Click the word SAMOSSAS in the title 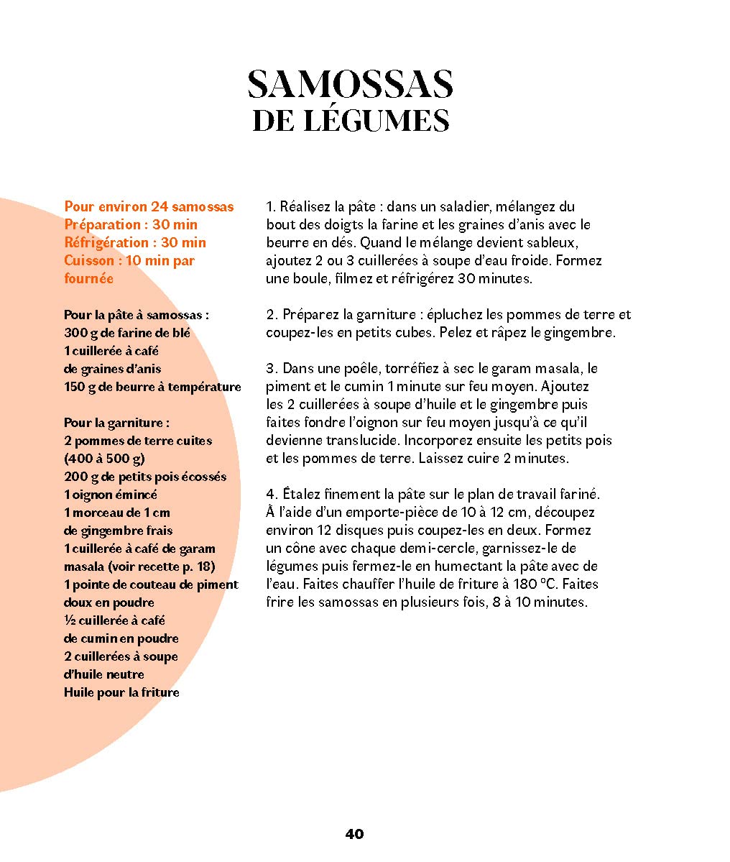(350, 85)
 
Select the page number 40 (354, 834)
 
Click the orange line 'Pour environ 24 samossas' (149, 207)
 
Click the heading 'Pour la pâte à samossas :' (137, 315)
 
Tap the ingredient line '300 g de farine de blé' (127, 333)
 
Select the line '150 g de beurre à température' (152, 387)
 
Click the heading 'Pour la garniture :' (116, 423)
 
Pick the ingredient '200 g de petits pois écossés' (145, 477)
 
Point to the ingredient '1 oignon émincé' (111, 495)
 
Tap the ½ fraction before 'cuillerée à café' (69, 620)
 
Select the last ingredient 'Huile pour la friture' (121, 692)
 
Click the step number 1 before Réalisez (270, 207)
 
